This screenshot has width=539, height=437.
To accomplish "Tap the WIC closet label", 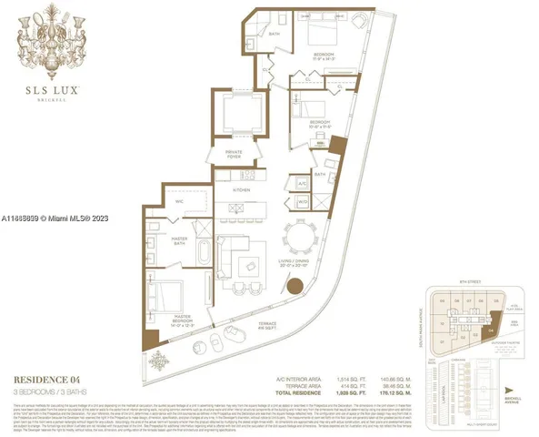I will point(180,202).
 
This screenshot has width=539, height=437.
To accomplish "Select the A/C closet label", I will point(302,182).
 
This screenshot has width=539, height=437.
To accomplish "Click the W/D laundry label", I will point(302,200).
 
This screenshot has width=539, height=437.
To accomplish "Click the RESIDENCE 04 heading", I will point(51,378).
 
